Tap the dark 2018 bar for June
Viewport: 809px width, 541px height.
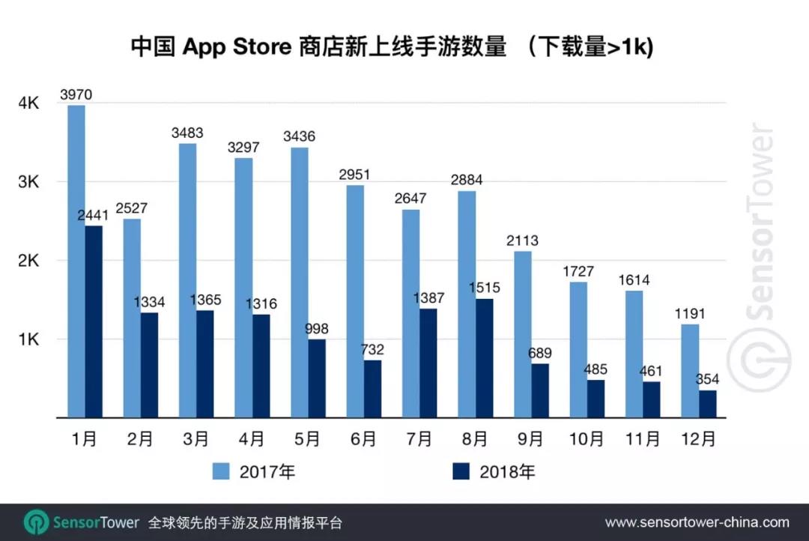point(372,389)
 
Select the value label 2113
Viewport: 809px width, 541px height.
point(522,241)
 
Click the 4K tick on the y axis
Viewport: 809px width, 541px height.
point(28,103)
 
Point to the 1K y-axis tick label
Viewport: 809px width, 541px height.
point(28,339)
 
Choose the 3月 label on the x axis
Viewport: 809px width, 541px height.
point(196,439)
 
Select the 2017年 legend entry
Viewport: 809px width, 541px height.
point(255,471)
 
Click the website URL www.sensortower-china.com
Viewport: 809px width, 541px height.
point(697,522)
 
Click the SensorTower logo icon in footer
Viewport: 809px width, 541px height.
point(37,522)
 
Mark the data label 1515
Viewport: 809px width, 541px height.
point(484,288)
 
